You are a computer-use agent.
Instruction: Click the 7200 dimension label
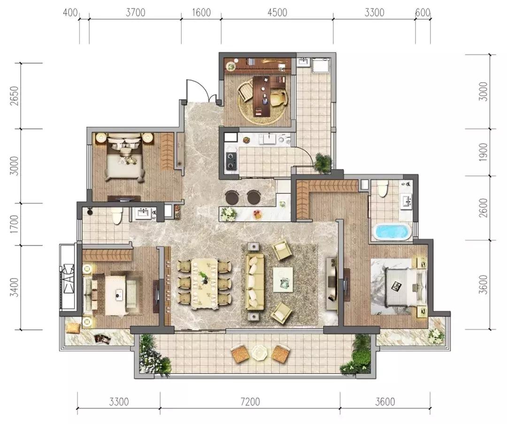pyautogui.click(x=250, y=401)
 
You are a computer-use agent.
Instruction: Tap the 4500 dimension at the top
pyautogui.click(x=277, y=12)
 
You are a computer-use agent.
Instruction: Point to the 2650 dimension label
pyautogui.click(x=14, y=96)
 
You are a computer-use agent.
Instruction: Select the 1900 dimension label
pyautogui.click(x=483, y=152)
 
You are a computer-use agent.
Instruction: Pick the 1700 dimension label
pyautogui.click(x=14, y=224)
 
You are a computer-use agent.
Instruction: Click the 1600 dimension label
pyautogui.click(x=201, y=12)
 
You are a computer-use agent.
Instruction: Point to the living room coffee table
pyautogui.click(x=283, y=279)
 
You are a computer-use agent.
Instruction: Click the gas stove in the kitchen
pyautogui.click(x=231, y=161)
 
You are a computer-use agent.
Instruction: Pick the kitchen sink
pyautogui.click(x=269, y=139)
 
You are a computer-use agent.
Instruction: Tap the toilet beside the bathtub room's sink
pyautogui.click(x=383, y=189)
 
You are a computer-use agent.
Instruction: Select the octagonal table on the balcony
pyautogui.click(x=260, y=353)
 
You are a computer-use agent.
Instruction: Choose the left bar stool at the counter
pyautogui.click(x=231, y=197)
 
